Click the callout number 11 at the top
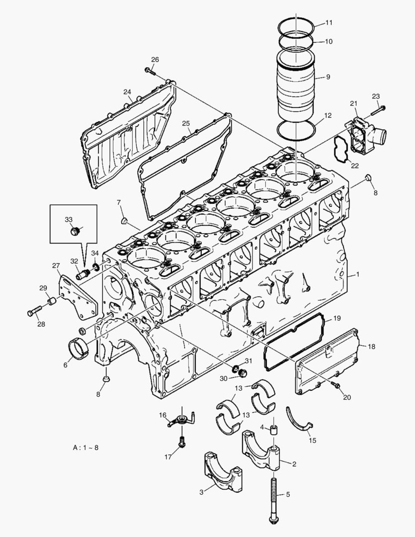(x=329, y=23)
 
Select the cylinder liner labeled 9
(x=295, y=89)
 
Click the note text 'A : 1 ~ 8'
(x=85, y=447)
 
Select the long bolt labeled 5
(x=273, y=497)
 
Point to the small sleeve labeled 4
(x=273, y=429)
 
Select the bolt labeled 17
(x=182, y=441)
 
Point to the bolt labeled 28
(x=35, y=312)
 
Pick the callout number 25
(x=186, y=123)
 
